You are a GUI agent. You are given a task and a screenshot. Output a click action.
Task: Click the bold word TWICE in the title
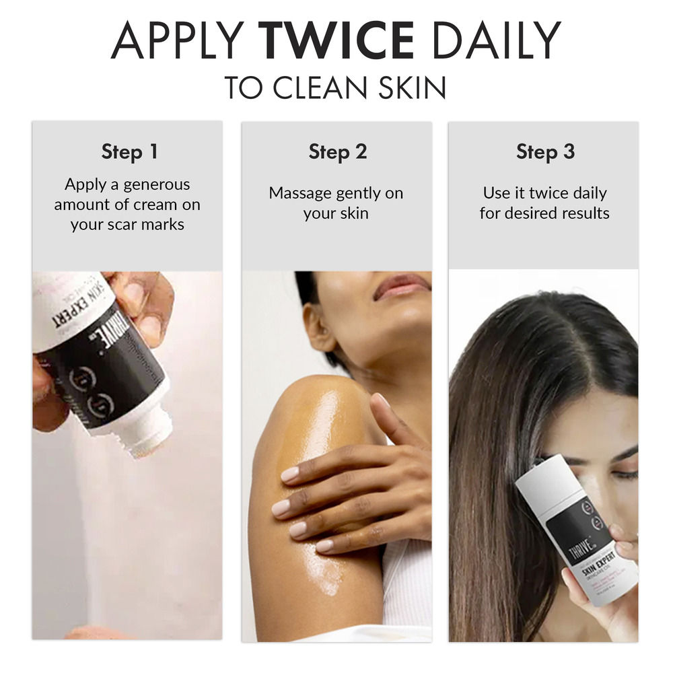point(337,42)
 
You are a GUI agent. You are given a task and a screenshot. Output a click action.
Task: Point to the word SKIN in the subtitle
point(408,88)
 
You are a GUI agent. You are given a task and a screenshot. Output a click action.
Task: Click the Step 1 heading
point(129,151)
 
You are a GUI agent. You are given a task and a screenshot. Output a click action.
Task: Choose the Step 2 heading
point(337,151)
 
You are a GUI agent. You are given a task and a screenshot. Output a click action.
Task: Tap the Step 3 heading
point(545,151)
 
